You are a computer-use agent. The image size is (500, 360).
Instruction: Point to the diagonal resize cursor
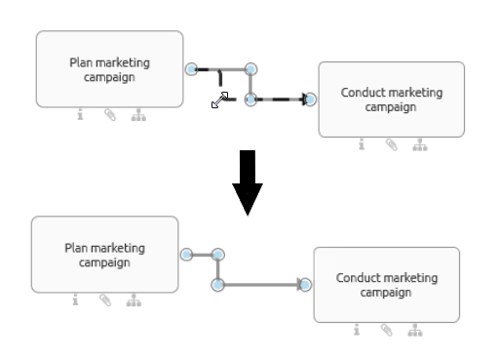(220, 100)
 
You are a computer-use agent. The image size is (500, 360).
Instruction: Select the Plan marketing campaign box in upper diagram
(109, 68)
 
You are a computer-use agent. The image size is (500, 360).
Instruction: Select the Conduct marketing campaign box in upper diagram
(391, 99)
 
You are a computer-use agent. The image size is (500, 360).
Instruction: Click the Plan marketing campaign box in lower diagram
(104, 255)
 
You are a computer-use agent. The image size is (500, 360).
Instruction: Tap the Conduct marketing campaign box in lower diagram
(386, 284)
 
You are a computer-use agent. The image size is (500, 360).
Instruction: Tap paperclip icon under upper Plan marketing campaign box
(109, 115)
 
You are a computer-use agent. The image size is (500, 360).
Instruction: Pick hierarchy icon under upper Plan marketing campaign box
(137, 115)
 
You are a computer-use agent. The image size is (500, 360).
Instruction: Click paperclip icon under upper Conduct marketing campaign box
(391, 145)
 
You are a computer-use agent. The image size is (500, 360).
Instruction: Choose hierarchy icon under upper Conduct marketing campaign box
(420, 145)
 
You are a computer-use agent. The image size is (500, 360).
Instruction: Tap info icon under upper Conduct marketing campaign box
(363, 145)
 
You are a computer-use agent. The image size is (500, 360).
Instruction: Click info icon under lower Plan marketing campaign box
(75, 300)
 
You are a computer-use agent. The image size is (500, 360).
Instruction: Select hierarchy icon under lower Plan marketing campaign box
(134, 300)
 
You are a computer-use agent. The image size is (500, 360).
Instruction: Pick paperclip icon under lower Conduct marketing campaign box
(386, 331)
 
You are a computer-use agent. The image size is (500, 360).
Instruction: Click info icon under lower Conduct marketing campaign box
(358, 331)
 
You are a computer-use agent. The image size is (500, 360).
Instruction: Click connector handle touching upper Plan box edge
(191, 68)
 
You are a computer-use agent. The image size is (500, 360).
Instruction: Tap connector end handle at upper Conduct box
(311, 99)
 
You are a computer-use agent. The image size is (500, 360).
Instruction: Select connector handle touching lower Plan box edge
(186, 255)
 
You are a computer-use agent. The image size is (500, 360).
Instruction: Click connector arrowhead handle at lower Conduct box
(305, 285)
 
